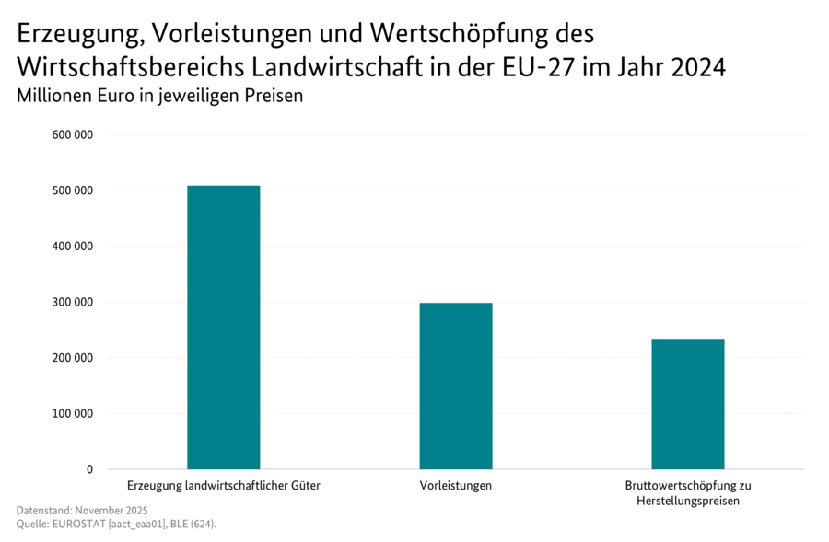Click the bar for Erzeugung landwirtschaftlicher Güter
click(223, 327)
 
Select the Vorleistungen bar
click(456, 386)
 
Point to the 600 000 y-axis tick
click(74, 135)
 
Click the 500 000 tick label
click(74, 190)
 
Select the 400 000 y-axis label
click(74, 247)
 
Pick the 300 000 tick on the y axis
click(74, 302)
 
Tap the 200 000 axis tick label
click(74, 358)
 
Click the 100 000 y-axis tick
click(74, 413)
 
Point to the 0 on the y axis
click(89, 469)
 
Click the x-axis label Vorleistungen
click(456, 485)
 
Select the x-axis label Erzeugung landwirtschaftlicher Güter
click(223, 485)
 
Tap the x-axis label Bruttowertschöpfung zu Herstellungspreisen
click(688, 492)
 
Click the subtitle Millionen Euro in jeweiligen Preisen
click(159, 95)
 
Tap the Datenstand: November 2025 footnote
click(82, 510)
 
